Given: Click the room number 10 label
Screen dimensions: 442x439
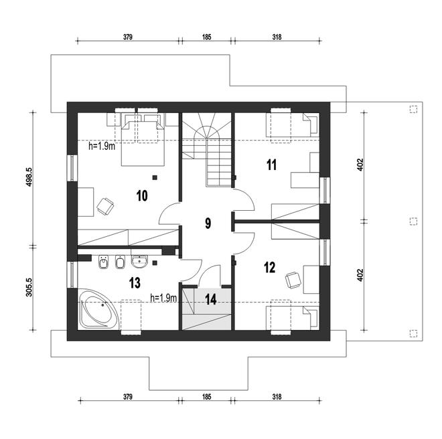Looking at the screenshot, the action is [142, 195].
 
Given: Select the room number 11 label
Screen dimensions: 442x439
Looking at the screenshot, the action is [271, 165].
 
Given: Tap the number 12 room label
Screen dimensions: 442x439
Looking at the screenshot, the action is [269, 268].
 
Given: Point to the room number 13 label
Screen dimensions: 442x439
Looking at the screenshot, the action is [135, 283].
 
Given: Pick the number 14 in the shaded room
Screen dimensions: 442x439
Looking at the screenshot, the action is [211, 299].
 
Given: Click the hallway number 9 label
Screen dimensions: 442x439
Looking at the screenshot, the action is [208, 223].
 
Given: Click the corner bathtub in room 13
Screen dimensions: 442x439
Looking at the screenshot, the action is [99, 309].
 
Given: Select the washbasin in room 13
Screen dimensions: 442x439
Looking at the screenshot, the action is [139, 262].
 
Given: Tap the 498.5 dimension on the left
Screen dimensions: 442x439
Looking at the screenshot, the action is [29, 177].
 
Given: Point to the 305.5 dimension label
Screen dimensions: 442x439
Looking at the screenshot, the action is [29, 287].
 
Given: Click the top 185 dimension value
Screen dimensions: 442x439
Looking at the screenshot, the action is [206, 37].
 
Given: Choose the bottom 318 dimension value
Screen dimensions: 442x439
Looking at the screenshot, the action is [277, 397].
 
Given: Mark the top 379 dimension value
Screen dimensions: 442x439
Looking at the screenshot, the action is [128, 37].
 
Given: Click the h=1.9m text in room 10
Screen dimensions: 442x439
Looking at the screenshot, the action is [102, 147].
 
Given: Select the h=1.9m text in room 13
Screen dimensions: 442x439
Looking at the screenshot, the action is [163, 298].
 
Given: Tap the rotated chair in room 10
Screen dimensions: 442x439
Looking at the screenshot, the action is [105, 207].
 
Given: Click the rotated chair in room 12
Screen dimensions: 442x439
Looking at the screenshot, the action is [293, 280].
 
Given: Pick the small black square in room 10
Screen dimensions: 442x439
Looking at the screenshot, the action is [155, 177].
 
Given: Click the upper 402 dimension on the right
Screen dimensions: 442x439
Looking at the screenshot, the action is [360, 165].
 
